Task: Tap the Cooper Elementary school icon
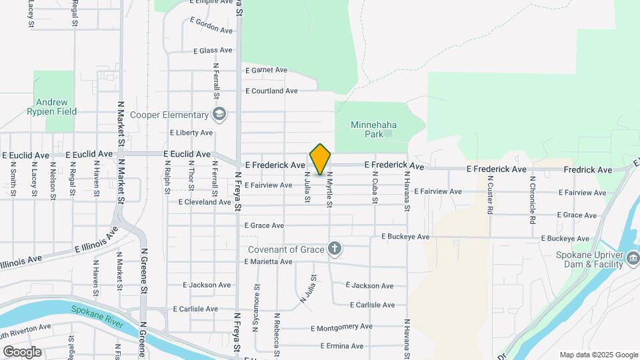click(220, 115)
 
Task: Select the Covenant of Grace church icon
click(335, 249)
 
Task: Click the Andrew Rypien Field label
click(52, 107)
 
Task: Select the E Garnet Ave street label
click(266, 70)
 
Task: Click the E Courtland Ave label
click(271, 91)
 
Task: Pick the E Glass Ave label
click(213, 51)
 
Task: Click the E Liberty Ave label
click(191, 133)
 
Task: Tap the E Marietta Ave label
click(268, 262)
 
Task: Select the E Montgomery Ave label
click(341, 327)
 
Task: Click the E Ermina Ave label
click(341, 346)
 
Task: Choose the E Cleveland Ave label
click(205, 202)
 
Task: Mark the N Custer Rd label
click(490, 195)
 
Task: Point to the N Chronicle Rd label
click(533, 199)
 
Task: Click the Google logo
click(22, 351)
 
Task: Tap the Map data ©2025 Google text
click(598, 355)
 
